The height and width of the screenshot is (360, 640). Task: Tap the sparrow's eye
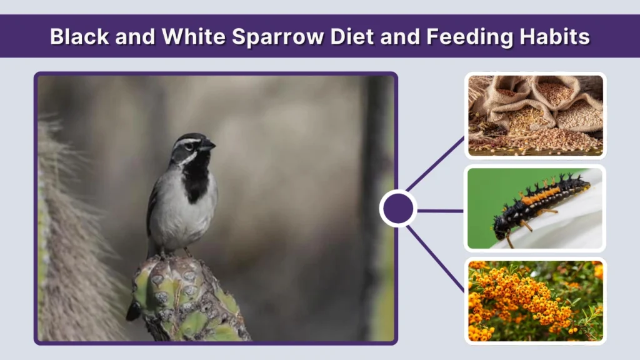tap(194, 143)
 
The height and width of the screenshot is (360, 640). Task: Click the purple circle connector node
tap(398, 208)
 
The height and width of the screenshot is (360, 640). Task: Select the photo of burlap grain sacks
tap(536, 116)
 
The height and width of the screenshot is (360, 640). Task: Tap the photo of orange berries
tap(536, 301)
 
